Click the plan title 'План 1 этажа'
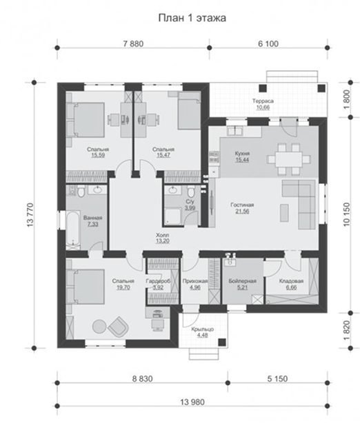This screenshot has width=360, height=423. [192, 18]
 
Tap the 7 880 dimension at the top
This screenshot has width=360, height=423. [133, 43]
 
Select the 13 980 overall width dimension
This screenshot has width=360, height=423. [192, 402]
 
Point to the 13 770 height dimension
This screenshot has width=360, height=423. [30, 215]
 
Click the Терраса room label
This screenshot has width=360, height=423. [263, 101]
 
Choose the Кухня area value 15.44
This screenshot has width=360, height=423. [242, 160]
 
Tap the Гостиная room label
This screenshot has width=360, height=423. [242, 205]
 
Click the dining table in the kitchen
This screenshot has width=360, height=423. [288, 160]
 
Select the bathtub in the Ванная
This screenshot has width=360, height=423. [73, 230]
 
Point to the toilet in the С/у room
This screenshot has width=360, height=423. [190, 192]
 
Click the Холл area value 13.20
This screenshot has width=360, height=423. [163, 241]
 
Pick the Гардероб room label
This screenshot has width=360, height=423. [158, 281]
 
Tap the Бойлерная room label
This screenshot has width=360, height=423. [242, 281]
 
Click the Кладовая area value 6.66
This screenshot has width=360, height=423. [291, 287]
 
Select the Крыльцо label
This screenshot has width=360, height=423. [203, 329]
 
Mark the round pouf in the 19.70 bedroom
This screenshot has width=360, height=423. [99, 327]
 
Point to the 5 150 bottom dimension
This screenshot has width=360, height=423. [277, 379]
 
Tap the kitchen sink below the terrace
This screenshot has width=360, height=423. [234, 131]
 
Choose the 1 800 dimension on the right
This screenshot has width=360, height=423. [346, 99]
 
